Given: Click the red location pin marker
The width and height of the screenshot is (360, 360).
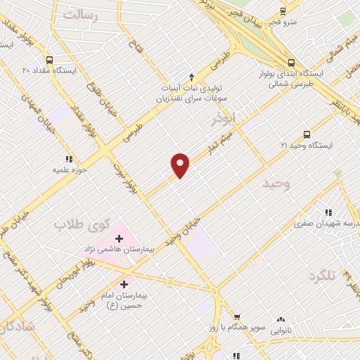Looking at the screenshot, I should [x=181, y=165].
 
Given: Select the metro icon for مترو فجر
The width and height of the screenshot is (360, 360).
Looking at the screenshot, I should [x=283, y=11].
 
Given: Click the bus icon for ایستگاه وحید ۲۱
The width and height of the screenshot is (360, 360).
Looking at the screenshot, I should [x=307, y=134].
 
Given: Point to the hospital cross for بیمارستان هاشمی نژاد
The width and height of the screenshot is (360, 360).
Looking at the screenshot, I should [x=120, y=236].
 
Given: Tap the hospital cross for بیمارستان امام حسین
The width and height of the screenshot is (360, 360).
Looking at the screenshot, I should [x=124, y=285].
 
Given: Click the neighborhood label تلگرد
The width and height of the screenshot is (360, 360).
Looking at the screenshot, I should [x=323, y=276].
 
